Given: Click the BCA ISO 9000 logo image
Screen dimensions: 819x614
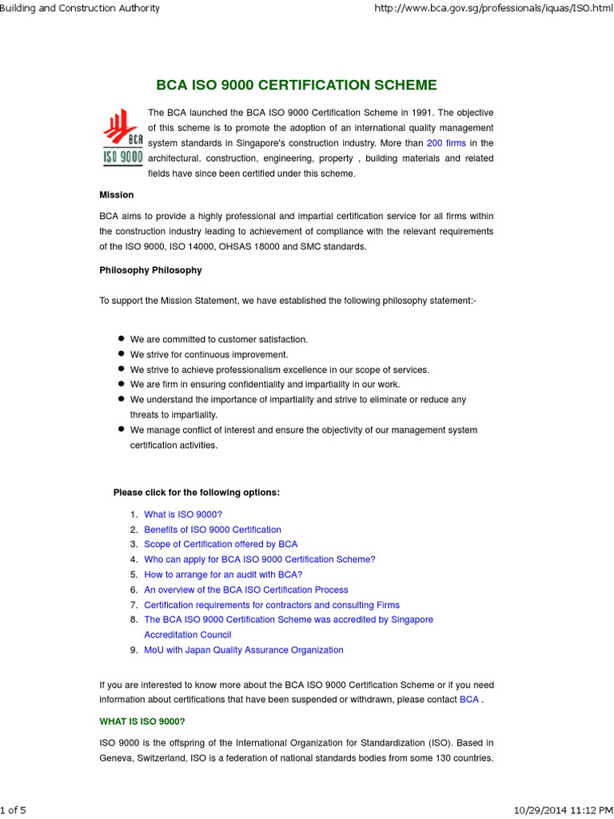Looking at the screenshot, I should point(122,138).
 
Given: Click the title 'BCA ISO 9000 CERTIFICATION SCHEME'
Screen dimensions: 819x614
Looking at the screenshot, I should point(296,86).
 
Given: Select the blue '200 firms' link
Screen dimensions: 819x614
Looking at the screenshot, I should point(446,143).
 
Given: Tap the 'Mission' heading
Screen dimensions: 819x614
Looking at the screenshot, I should point(117,195).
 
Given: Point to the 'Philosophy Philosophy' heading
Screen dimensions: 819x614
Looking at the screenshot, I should point(150,270).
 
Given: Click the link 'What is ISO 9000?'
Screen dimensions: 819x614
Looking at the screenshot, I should point(183,514).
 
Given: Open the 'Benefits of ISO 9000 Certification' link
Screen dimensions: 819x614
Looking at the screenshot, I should point(213,529).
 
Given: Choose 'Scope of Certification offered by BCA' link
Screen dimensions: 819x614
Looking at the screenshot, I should point(221,545).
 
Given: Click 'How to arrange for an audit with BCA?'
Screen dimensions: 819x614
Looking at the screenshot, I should point(223,575).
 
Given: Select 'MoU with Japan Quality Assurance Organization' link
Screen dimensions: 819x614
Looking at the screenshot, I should point(244,650).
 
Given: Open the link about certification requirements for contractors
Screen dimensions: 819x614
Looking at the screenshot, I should point(272,605).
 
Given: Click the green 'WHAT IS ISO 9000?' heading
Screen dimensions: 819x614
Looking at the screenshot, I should point(142,721).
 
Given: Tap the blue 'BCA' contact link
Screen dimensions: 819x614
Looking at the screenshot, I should point(469,700).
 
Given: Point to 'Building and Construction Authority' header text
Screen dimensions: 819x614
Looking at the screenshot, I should point(80,8).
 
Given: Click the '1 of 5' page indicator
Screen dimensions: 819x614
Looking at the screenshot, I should point(14,810).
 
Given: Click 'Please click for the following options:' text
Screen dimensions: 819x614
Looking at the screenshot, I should point(197,493).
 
